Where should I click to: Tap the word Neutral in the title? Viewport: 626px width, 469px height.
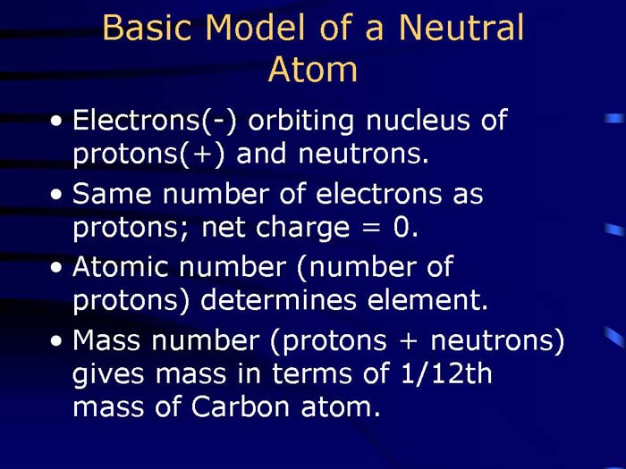coord(461,29)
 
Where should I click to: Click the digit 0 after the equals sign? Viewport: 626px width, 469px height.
coord(406,228)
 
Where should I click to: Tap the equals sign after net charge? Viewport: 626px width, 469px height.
coord(369,230)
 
